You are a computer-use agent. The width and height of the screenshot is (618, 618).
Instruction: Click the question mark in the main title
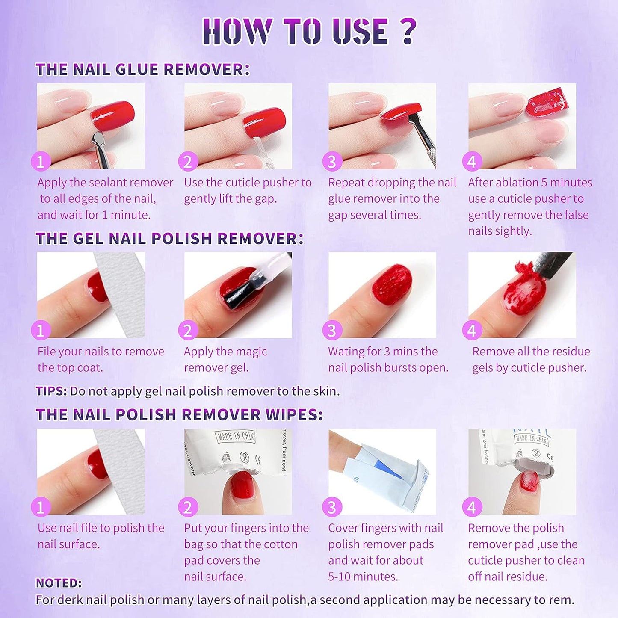point(409,31)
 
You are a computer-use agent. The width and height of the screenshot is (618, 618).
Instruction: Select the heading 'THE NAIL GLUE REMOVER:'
point(142,69)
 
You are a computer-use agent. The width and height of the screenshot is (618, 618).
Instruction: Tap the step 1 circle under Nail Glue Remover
point(41,162)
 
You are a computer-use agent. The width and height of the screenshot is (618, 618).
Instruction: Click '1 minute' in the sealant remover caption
point(126,215)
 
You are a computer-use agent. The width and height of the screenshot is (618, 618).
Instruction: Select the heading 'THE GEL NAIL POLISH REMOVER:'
point(169,238)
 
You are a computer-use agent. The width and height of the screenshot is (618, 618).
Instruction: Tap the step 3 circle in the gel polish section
point(332,331)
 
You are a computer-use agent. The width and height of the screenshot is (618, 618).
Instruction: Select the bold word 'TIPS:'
point(51,391)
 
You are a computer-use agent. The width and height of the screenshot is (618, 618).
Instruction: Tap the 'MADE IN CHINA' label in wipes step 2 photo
point(236,437)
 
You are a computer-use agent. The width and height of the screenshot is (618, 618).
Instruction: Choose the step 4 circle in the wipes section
point(472,507)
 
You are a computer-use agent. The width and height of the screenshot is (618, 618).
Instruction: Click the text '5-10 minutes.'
point(363,577)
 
